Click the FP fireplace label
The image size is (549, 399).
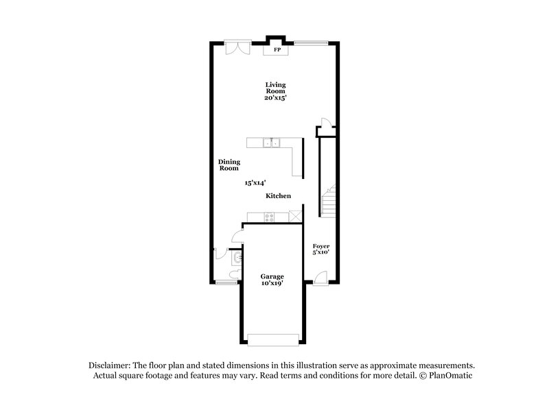pyautogui.click(x=277, y=50)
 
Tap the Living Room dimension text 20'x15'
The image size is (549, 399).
pyautogui.click(x=276, y=97)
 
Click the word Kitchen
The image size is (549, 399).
pyautogui.click(x=279, y=196)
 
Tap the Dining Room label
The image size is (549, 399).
pyautogui.click(x=229, y=165)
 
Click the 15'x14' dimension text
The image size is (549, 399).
pyautogui.click(x=255, y=183)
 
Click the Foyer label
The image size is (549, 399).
pyautogui.click(x=321, y=245)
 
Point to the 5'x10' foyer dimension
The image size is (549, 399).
pyautogui.click(x=321, y=252)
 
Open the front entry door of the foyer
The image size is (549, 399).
pyautogui.click(x=320, y=278)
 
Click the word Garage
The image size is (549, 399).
pyautogui.click(x=272, y=276)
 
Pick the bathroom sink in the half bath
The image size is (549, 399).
pyautogui.click(x=237, y=258)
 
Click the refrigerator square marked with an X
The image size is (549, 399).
pyautogui.click(x=294, y=217)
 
